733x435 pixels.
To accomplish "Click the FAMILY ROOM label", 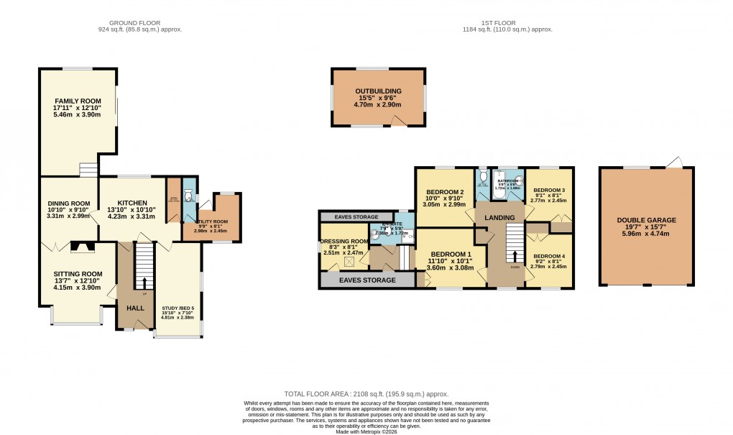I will tap(78, 101).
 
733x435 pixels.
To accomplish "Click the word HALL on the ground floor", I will tap(135, 308).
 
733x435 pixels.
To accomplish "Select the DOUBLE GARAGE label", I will tap(646, 221).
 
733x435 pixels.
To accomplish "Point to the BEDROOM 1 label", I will tap(451, 255).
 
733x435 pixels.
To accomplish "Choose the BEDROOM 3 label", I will tap(548, 191).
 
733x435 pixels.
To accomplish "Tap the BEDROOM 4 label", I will tap(548, 257).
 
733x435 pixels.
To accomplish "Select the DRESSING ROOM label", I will tap(344, 242).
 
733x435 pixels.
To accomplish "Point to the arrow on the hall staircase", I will tap(144, 283).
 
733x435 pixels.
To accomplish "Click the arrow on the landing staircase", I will tap(515, 257).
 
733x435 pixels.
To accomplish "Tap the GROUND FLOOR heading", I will tap(140, 23).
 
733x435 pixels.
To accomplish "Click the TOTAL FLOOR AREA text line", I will tap(366, 394).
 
